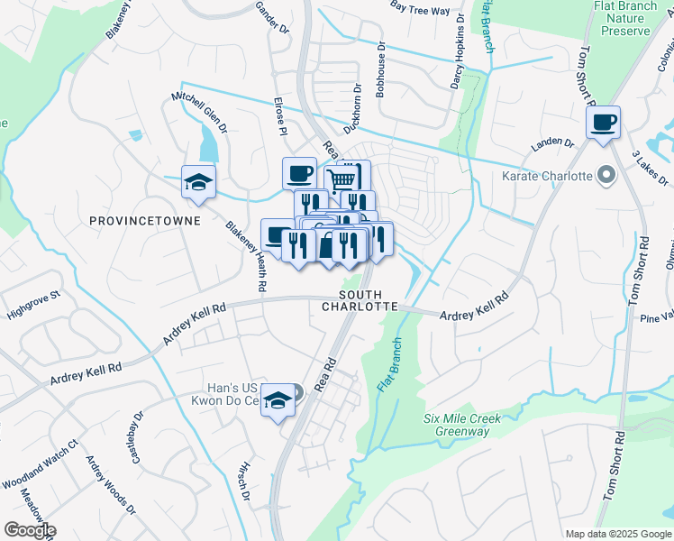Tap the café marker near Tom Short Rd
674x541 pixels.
click(x=603, y=123)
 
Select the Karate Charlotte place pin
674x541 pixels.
click(x=606, y=175)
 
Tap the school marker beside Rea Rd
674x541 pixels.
click(x=278, y=401)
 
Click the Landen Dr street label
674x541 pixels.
click(x=553, y=142)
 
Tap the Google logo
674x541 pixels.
click(x=29, y=530)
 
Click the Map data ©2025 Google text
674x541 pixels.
click(x=617, y=534)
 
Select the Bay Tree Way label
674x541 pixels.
click(x=420, y=10)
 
